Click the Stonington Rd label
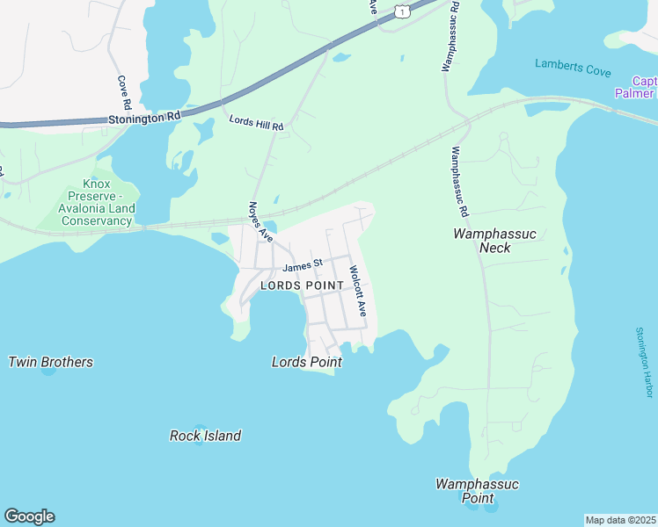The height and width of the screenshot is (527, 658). point(144,116)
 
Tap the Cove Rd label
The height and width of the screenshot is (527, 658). point(124,92)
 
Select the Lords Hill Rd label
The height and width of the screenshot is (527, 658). point(257,124)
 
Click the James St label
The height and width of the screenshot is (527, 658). point(303,263)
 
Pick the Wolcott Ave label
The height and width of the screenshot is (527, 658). point(357,291)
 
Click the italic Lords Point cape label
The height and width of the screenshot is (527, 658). point(306,362)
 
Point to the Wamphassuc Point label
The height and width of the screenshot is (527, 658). point(478,491)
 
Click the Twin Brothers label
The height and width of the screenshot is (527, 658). point(50,362)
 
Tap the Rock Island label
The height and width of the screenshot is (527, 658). point(205,436)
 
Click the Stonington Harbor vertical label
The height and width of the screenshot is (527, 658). point(645,362)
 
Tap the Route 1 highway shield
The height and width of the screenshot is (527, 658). point(401,11)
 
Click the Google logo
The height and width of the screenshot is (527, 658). point(29,516)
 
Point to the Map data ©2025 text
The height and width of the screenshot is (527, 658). point(620,520)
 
